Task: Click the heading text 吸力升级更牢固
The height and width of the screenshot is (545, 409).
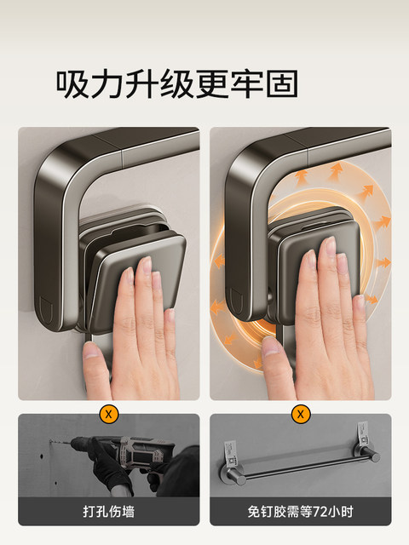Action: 176,83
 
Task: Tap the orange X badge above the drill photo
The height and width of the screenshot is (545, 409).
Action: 108,415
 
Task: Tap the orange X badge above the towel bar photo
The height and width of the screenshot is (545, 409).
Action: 300,415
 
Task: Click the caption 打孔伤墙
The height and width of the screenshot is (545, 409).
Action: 108,511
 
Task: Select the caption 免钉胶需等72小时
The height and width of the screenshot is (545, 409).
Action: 300,511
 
